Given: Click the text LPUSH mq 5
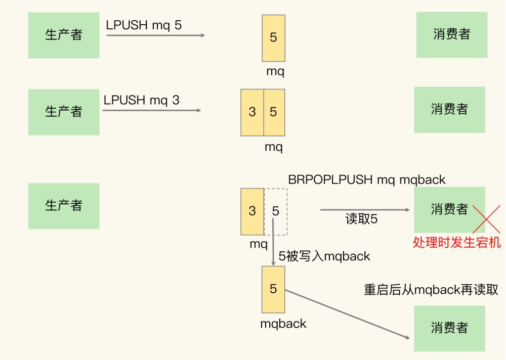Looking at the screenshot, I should (144, 25).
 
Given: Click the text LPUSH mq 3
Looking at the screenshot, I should (142, 100).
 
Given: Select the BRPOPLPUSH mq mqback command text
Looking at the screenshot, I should (367, 179).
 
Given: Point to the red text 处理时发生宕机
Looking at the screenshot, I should (457, 243).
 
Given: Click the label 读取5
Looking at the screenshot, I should (361, 219).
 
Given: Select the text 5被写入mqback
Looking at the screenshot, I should (324, 256).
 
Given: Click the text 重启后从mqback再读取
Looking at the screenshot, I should (431, 290).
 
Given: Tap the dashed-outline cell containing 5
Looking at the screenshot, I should (276, 211).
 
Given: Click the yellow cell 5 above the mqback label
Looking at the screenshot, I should (273, 289).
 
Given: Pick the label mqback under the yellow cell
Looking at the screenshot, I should (283, 324).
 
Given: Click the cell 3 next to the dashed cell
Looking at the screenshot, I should (252, 211).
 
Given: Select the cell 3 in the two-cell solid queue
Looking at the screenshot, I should (252, 112).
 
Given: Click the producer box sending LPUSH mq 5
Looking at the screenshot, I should (64, 35).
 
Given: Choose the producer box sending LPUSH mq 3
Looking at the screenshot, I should (64, 112).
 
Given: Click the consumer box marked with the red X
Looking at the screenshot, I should (449, 209).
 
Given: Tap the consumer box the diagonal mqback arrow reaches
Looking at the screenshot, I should (449, 328).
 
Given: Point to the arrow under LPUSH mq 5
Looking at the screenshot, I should (155, 35).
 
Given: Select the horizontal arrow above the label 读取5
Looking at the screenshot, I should (364, 209).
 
